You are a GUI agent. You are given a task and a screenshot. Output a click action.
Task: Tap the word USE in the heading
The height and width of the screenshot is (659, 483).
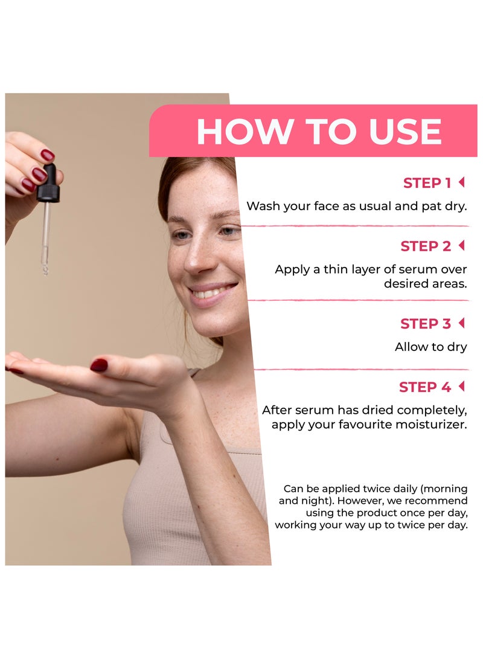(x=405, y=132)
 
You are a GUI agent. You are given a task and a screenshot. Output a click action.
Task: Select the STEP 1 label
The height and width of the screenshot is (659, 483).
(x=427, y=183)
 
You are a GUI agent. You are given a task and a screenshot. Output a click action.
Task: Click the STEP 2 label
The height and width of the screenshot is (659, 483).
(x=426, y=246)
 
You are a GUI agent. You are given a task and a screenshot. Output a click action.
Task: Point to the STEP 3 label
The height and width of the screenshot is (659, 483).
(x=426, y=324)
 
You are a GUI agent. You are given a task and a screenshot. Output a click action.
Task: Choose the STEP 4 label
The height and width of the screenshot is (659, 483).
(x=424, y=387)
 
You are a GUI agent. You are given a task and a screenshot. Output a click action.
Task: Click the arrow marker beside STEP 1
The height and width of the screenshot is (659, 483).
(x=462, y=182)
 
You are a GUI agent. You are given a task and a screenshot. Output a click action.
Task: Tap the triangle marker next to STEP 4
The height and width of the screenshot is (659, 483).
(x=462, y=386)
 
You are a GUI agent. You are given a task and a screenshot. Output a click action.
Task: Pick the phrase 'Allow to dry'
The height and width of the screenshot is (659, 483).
(x=431, y=347)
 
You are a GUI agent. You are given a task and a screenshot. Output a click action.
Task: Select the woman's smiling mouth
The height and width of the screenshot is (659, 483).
(x=211, y=292)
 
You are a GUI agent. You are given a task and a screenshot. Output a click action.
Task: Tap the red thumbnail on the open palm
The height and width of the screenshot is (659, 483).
(x=99, y=365)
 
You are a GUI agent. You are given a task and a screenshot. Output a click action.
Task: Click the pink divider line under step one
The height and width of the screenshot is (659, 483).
(x=356, y=226)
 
